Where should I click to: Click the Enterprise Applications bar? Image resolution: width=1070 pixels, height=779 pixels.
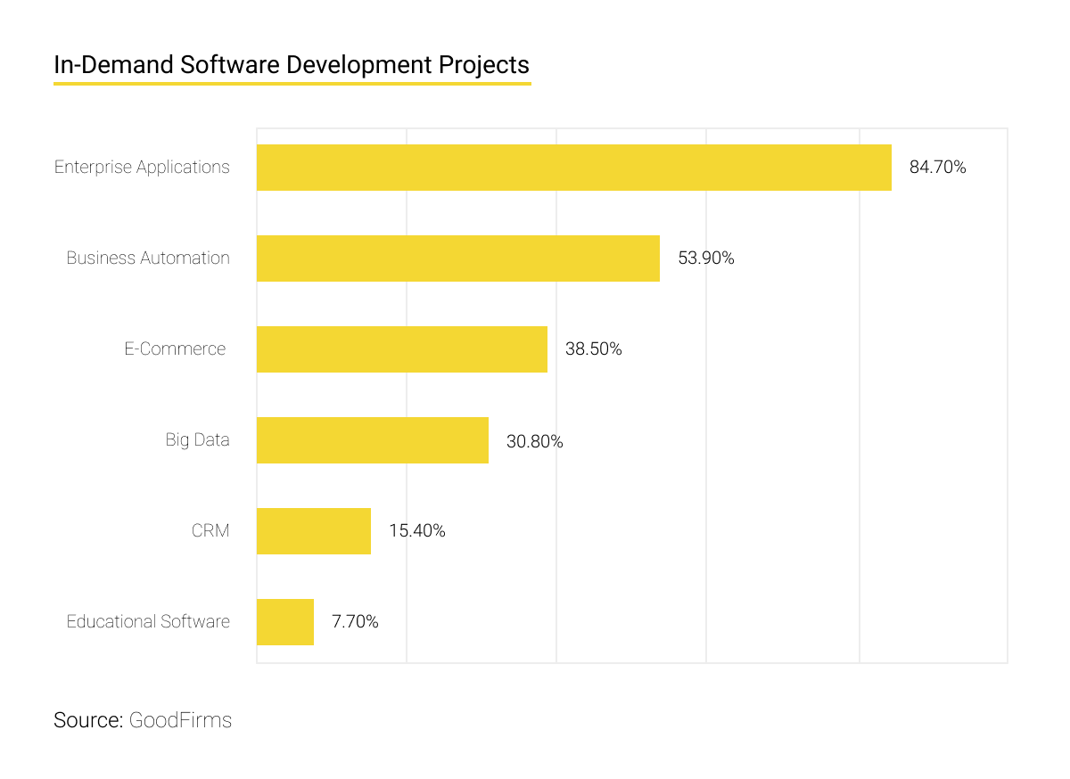pyautogui.click(x=573, y=168)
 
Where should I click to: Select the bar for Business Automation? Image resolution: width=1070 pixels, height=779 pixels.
pyautogui.click(x=457, y=258)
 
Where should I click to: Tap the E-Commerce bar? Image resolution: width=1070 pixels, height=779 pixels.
pyautogui.click(x=401, y=349)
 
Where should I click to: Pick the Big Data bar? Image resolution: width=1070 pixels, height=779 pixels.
pyautogui.click(x=372, y=440)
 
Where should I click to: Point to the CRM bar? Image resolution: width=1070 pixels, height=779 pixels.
pyautogui.click(x=313, y=531)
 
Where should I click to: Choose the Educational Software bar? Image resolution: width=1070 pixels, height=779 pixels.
pyautogui.click(x=284, y=622)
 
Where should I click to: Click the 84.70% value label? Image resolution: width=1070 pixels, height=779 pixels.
pyautogui.click(x=937, y=168)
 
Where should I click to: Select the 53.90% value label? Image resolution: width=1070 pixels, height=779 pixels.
pyautogui.click(x=705, y=258)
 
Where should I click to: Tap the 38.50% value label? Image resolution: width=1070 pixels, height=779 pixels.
pyautogui.click(x=593, y=349)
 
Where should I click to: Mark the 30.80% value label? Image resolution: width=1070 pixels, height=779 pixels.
pyautogui.click(x=534, y=441)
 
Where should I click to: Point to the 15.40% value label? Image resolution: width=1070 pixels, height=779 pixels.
pyautogui.click(x=416, y=531)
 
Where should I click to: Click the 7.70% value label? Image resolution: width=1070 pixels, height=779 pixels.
pyautogui.click(x=355, y=622)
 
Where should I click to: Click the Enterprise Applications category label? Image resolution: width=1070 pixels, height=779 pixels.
pyautogui.click(x=142, y=168)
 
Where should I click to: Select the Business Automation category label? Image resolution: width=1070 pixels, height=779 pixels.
pyautogui.click(x=148, y=258)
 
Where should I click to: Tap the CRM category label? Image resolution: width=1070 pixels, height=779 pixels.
pyautogui.click(x=210, y=531)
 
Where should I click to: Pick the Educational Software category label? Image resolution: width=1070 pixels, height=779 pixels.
pyautogui.click(x=148, y=622)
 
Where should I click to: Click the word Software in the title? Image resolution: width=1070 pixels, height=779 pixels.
pyautogui.click(x=219, y=65)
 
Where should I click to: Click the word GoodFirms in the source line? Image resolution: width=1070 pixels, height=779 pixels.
pyautogui.click(x=180, y=720)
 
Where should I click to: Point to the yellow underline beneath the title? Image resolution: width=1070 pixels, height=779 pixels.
pyautogui.click(x=292, y=84)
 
